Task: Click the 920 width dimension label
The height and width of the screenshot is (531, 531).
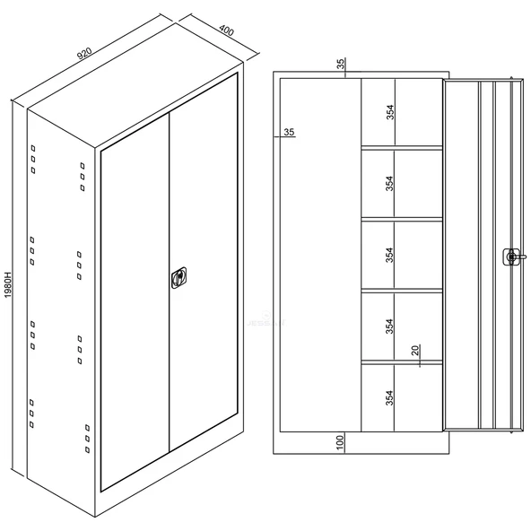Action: [x=84, y=54]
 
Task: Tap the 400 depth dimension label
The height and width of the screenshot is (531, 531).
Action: [x=226, y=30]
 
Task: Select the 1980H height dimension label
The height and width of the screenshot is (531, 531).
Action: [x=8, y=284]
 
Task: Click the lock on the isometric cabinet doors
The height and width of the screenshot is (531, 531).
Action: [x=178, y=278]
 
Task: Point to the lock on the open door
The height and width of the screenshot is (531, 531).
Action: [x=511, y=257]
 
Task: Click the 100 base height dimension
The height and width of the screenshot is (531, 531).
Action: [x=340, y=442]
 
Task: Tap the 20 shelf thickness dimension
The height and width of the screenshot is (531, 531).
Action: [x=415, y=351]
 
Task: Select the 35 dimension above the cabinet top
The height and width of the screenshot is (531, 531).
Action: [x=341, y=64]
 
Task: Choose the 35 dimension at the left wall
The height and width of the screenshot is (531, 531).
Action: [x=289, y=132]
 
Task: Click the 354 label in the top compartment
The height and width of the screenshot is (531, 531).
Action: [x=390, y=112]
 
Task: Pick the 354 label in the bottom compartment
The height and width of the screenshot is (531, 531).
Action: [x=390, y=397]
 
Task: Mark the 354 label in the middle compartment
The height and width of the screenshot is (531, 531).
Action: [x=390, y=255]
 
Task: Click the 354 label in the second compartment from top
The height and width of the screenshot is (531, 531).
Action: [x=390, y=183]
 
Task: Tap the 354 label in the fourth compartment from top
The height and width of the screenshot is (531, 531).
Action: [x=390, y=326]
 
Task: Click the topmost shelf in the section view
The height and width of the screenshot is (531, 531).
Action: [x=402, y=148]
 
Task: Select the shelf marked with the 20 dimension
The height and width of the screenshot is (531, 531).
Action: [x=402, y=362]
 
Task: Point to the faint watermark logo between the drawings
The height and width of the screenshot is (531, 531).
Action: [x=266, y=320]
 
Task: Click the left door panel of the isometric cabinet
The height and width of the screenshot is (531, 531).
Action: [x=135, y=301]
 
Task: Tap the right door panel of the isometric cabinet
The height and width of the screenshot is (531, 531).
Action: [x=204, y=263]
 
